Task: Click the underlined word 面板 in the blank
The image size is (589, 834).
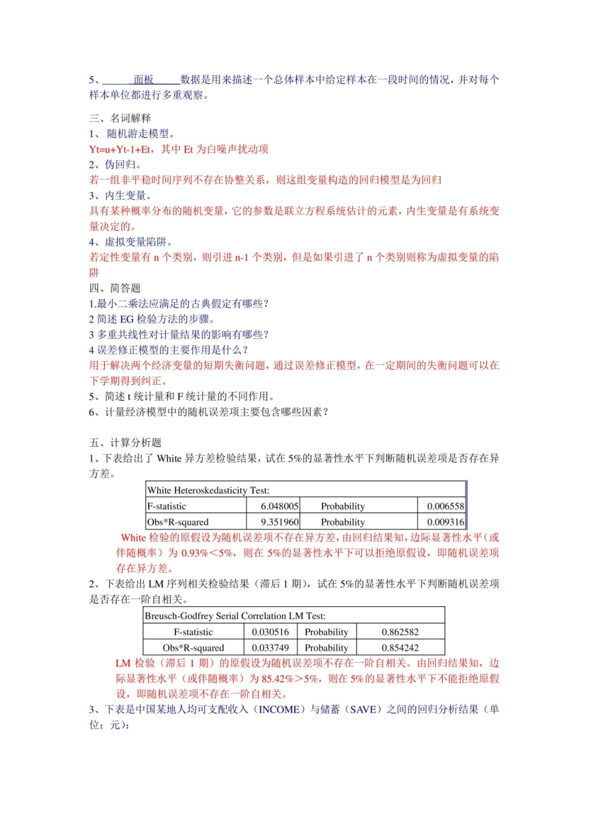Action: (144, 79)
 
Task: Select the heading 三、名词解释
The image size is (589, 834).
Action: (120, 118)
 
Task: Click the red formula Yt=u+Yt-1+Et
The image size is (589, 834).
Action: (120, 149)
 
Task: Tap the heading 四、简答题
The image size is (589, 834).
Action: (115, 288)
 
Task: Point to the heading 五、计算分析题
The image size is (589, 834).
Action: (125, 442)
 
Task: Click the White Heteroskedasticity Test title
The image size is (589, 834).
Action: (208, 490)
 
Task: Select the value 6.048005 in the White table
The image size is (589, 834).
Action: (280, 506)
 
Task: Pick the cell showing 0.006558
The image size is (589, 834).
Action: (445, 506)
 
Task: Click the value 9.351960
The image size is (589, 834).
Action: (280, 522)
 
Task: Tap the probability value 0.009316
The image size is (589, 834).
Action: (445, 522)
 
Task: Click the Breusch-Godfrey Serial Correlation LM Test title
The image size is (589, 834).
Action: (235, 616)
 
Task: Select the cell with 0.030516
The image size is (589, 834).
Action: (270, 632)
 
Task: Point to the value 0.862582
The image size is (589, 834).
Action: (400, 632)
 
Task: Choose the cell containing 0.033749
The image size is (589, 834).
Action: (270, 648)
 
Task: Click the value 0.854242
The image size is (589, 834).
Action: (400, 648)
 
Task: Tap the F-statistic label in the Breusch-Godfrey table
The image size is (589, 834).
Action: (193, 632)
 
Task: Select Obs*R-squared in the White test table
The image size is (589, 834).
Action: (178, 522)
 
